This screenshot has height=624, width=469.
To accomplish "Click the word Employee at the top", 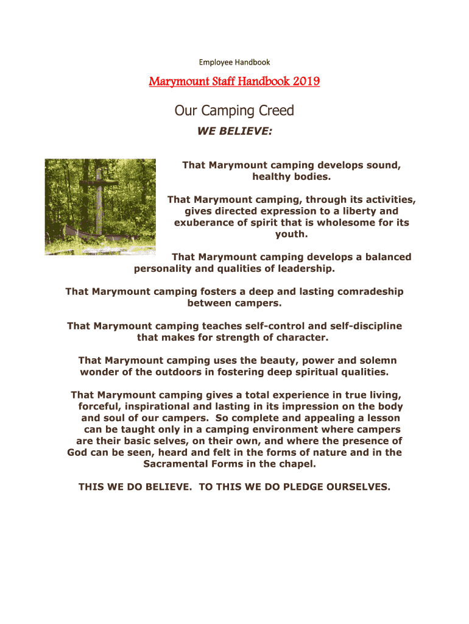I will pos(214,62).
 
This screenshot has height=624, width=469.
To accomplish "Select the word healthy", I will pos(272,177).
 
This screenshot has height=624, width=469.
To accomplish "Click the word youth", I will pos(292,233).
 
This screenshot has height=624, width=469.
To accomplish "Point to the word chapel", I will pos(297,464).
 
